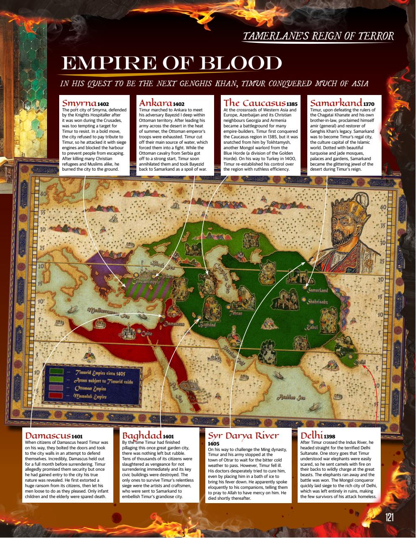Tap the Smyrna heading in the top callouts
[80, 103]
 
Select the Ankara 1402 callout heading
[161, 103]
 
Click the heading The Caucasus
[254, 103]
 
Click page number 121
[390, 517]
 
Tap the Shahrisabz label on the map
[320, 301]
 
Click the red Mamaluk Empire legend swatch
[57, 396]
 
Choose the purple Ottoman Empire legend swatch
[57, 388]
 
